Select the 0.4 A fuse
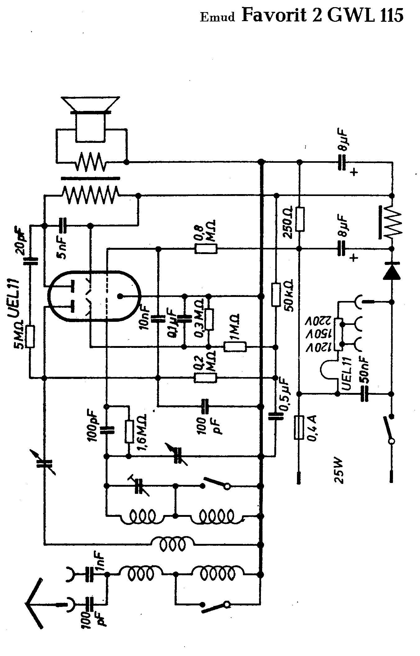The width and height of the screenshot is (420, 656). [x=299, y=428]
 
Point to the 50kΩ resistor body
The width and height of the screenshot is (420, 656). [x=276, y=294]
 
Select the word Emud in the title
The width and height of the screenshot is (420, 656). [x=217, y=17]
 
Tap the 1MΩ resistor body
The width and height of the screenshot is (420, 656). [x=235, y=347]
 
